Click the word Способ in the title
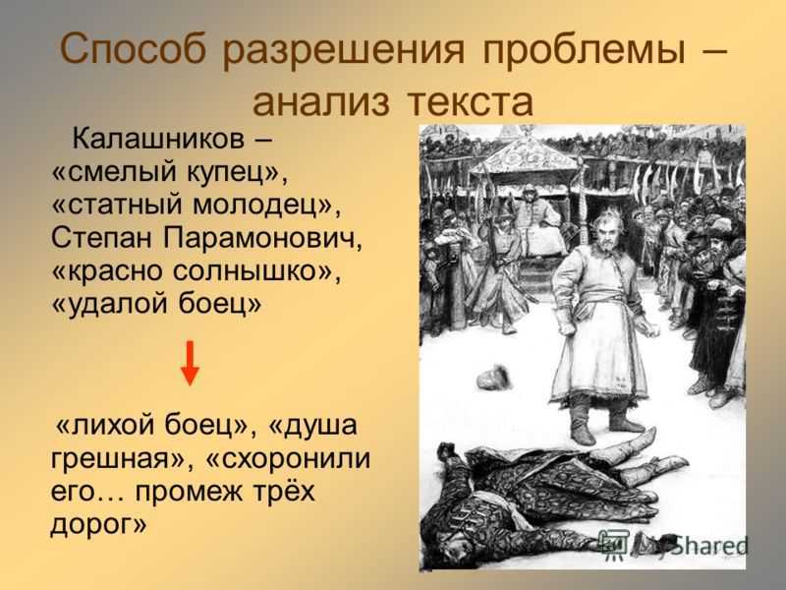134,49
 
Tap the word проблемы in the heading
584,50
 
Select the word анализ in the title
321,102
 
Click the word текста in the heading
470,102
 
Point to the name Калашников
158,139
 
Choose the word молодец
261,206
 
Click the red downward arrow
190,363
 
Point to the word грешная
117,458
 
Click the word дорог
92,524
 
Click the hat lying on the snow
493,377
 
